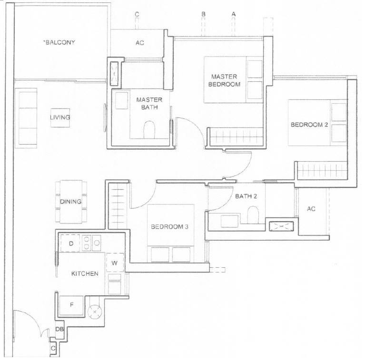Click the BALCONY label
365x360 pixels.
click(x=59, y=42)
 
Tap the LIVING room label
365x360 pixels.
click(x=60, y=117)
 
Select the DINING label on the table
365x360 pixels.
click(x=71, y=201)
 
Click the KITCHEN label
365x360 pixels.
click(x=85, y=273)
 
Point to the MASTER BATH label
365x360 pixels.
click(x=149, y=104)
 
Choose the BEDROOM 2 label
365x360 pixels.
click(x=309, y=125)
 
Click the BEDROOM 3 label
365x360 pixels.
click(x=169, y=226)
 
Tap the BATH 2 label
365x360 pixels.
click(x=246, y=196)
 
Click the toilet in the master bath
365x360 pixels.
click(x=149, y=129)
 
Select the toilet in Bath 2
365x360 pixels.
click(x=253, y=214)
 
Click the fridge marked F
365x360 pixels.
click(x=71, y=305)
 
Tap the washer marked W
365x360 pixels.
click(x=115, y=263)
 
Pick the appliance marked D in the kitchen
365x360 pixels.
click(x=70, y=243)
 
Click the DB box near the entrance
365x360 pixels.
click(x=59, y=329)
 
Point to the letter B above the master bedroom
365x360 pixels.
click(x=203, y=14)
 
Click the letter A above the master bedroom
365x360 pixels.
click(x=234, y=14)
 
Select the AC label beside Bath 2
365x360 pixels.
click(x=311, y=209)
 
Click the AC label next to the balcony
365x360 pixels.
click(x=139, y=43)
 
